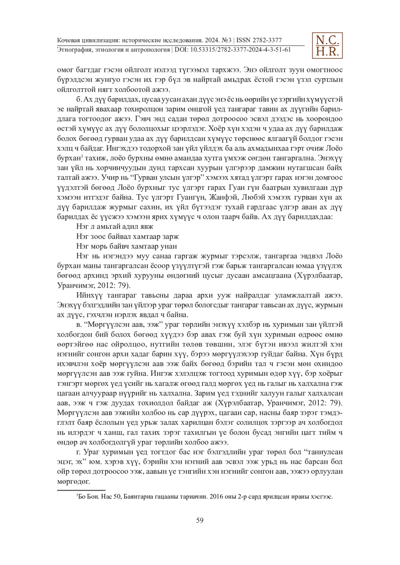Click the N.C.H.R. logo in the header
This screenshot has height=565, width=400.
(x=327, y=46)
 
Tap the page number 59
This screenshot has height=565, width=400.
(x=200, y=520)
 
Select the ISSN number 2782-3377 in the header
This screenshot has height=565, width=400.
(x=267, y=40)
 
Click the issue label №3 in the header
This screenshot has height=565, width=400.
(x=227, y=40)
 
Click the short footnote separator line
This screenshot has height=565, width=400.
(x=81, y=490)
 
